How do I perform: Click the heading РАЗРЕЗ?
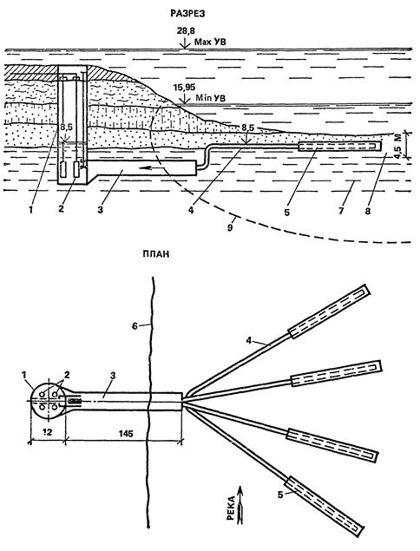[187, 13]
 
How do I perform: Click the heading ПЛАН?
[155, 253]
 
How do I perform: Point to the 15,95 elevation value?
[184, 87]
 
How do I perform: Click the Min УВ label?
[210, 98]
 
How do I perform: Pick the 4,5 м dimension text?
[409, 144]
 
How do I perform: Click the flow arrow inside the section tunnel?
[152, 168]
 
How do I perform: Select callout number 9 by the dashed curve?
[230, 227]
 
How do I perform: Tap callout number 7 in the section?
[339, 211]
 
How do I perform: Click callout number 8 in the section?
[368, 211]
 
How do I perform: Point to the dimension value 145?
[126, 434]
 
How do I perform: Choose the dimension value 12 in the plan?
[47, 432]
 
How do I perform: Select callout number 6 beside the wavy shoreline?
[135, 326]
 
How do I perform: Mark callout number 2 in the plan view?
[67, 375]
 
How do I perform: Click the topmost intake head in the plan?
[329, 312]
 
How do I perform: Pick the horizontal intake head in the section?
[339, 146]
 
